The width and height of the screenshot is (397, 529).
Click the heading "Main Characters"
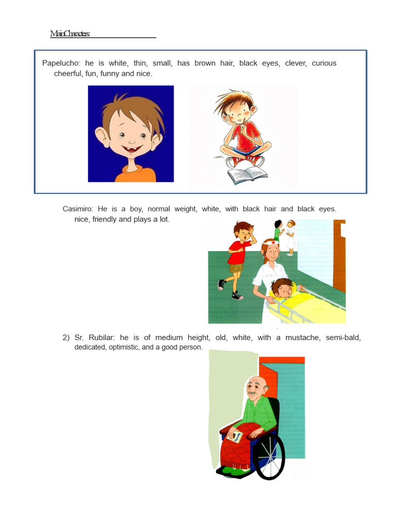[x=70, y=34]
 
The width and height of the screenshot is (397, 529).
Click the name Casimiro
[x=77, y=209]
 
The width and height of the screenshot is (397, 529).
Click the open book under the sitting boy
[x=248, y=175]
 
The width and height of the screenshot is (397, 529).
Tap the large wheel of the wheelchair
[x=269, y=455]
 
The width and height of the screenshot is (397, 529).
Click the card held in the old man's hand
[x=237, y=437]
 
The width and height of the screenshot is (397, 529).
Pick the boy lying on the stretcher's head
[x=282, y=287]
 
